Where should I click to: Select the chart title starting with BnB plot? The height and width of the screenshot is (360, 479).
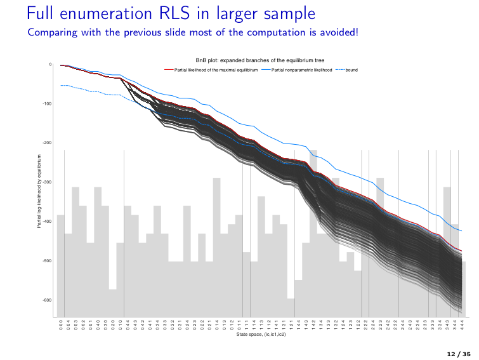(x=260, y=60)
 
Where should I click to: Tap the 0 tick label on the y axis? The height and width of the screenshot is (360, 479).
(x=50, y=64)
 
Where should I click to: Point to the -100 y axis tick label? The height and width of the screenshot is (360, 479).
(x=47, y=103)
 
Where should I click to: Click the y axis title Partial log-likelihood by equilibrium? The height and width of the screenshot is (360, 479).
(x=39, y=190)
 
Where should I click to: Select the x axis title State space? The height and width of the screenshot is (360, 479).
(x=261, y=333)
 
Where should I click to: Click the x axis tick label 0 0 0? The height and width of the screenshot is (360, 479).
(x=61, y=324)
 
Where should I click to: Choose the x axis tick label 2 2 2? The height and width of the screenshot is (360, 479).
(x=365, y=324)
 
